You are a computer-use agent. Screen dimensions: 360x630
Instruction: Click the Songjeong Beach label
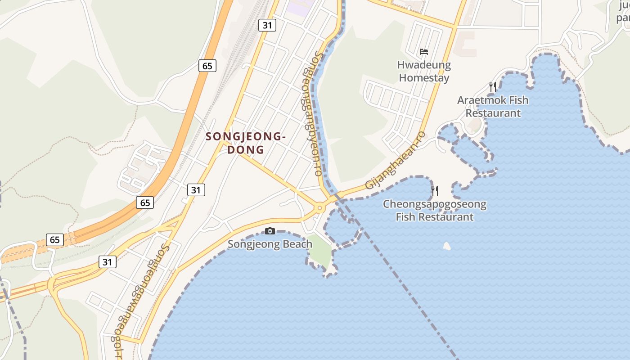tap(270, 244)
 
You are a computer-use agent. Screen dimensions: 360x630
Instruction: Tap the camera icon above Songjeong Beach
tap(270, 231)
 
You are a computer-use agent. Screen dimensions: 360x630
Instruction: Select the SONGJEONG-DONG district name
tap(245, 143)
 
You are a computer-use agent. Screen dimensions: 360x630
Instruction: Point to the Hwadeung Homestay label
tap(424, 71)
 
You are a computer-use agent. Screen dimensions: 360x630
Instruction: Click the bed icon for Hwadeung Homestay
tap(424, 52)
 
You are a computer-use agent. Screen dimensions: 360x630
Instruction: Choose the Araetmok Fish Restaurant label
tap(493, 106)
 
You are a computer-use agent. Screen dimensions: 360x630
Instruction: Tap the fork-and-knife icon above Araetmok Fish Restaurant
tap(493, 87)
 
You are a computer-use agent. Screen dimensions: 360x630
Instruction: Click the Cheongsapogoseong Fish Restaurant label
tap(435, 211)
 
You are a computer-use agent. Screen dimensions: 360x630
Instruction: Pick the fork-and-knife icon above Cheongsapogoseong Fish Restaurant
tap(435, 191)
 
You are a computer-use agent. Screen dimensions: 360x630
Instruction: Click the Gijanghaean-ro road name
tap(395, 161)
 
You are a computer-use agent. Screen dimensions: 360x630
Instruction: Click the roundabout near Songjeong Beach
tap(320, 208)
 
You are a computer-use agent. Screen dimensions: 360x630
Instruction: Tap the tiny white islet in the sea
tap(447, 246)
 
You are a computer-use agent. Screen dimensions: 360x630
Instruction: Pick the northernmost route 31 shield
tap(267, 25)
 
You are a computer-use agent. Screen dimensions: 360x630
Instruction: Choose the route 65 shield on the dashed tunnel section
tap(55, 240)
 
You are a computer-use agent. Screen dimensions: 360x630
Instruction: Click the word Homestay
tap(424, 78)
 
